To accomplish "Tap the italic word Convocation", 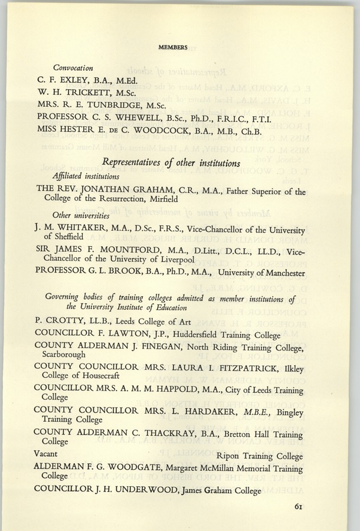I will [x=74, y=67].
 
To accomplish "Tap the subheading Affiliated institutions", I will [x=86, y=176].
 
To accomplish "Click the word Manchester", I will [x=279, y=273].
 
